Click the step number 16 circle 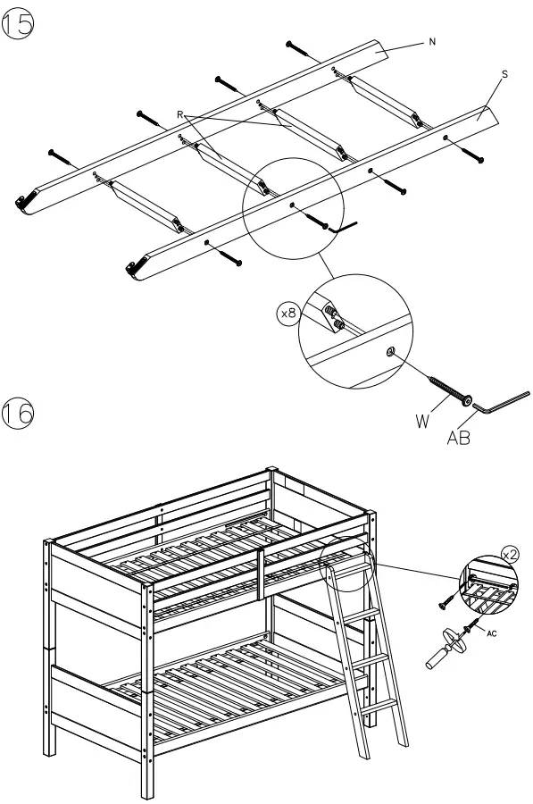click(x=20, y=415)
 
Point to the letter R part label click(x=181, y=114)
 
